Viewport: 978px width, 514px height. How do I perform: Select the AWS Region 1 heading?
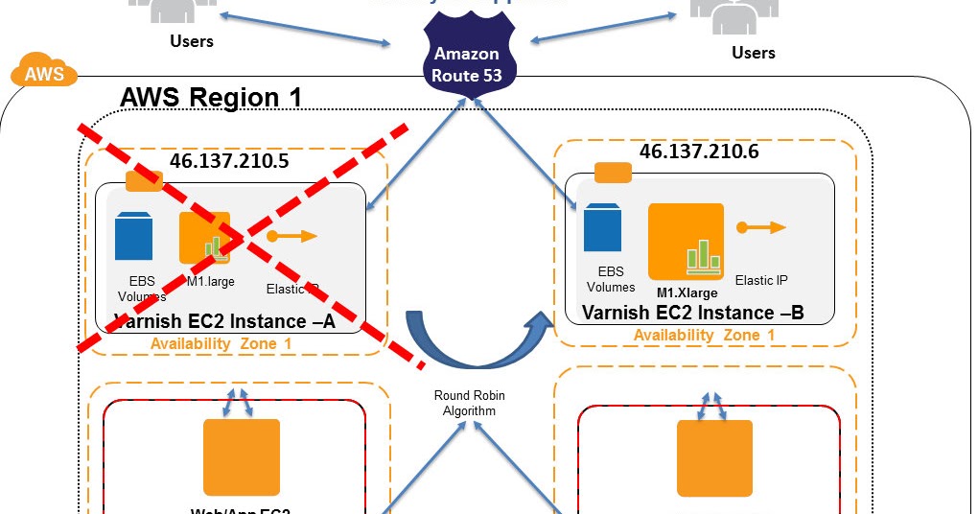point(211,98)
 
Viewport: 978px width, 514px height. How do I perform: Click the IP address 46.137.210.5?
point(229,160)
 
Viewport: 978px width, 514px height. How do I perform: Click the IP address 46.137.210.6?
point(698,152)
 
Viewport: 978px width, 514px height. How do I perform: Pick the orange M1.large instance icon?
point(204,238)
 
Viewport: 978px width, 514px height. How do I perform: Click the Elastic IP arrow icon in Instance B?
point(761,227)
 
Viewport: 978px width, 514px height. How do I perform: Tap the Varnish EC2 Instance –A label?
point(224,321)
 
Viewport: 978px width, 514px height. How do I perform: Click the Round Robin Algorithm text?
point(469,403)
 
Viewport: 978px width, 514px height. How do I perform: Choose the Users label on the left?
point(192,41)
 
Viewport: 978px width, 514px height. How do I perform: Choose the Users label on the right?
point(753,53)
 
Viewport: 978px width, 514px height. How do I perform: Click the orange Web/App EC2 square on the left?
point(241,456)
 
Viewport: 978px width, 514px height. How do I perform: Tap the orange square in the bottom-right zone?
point(714,457)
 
